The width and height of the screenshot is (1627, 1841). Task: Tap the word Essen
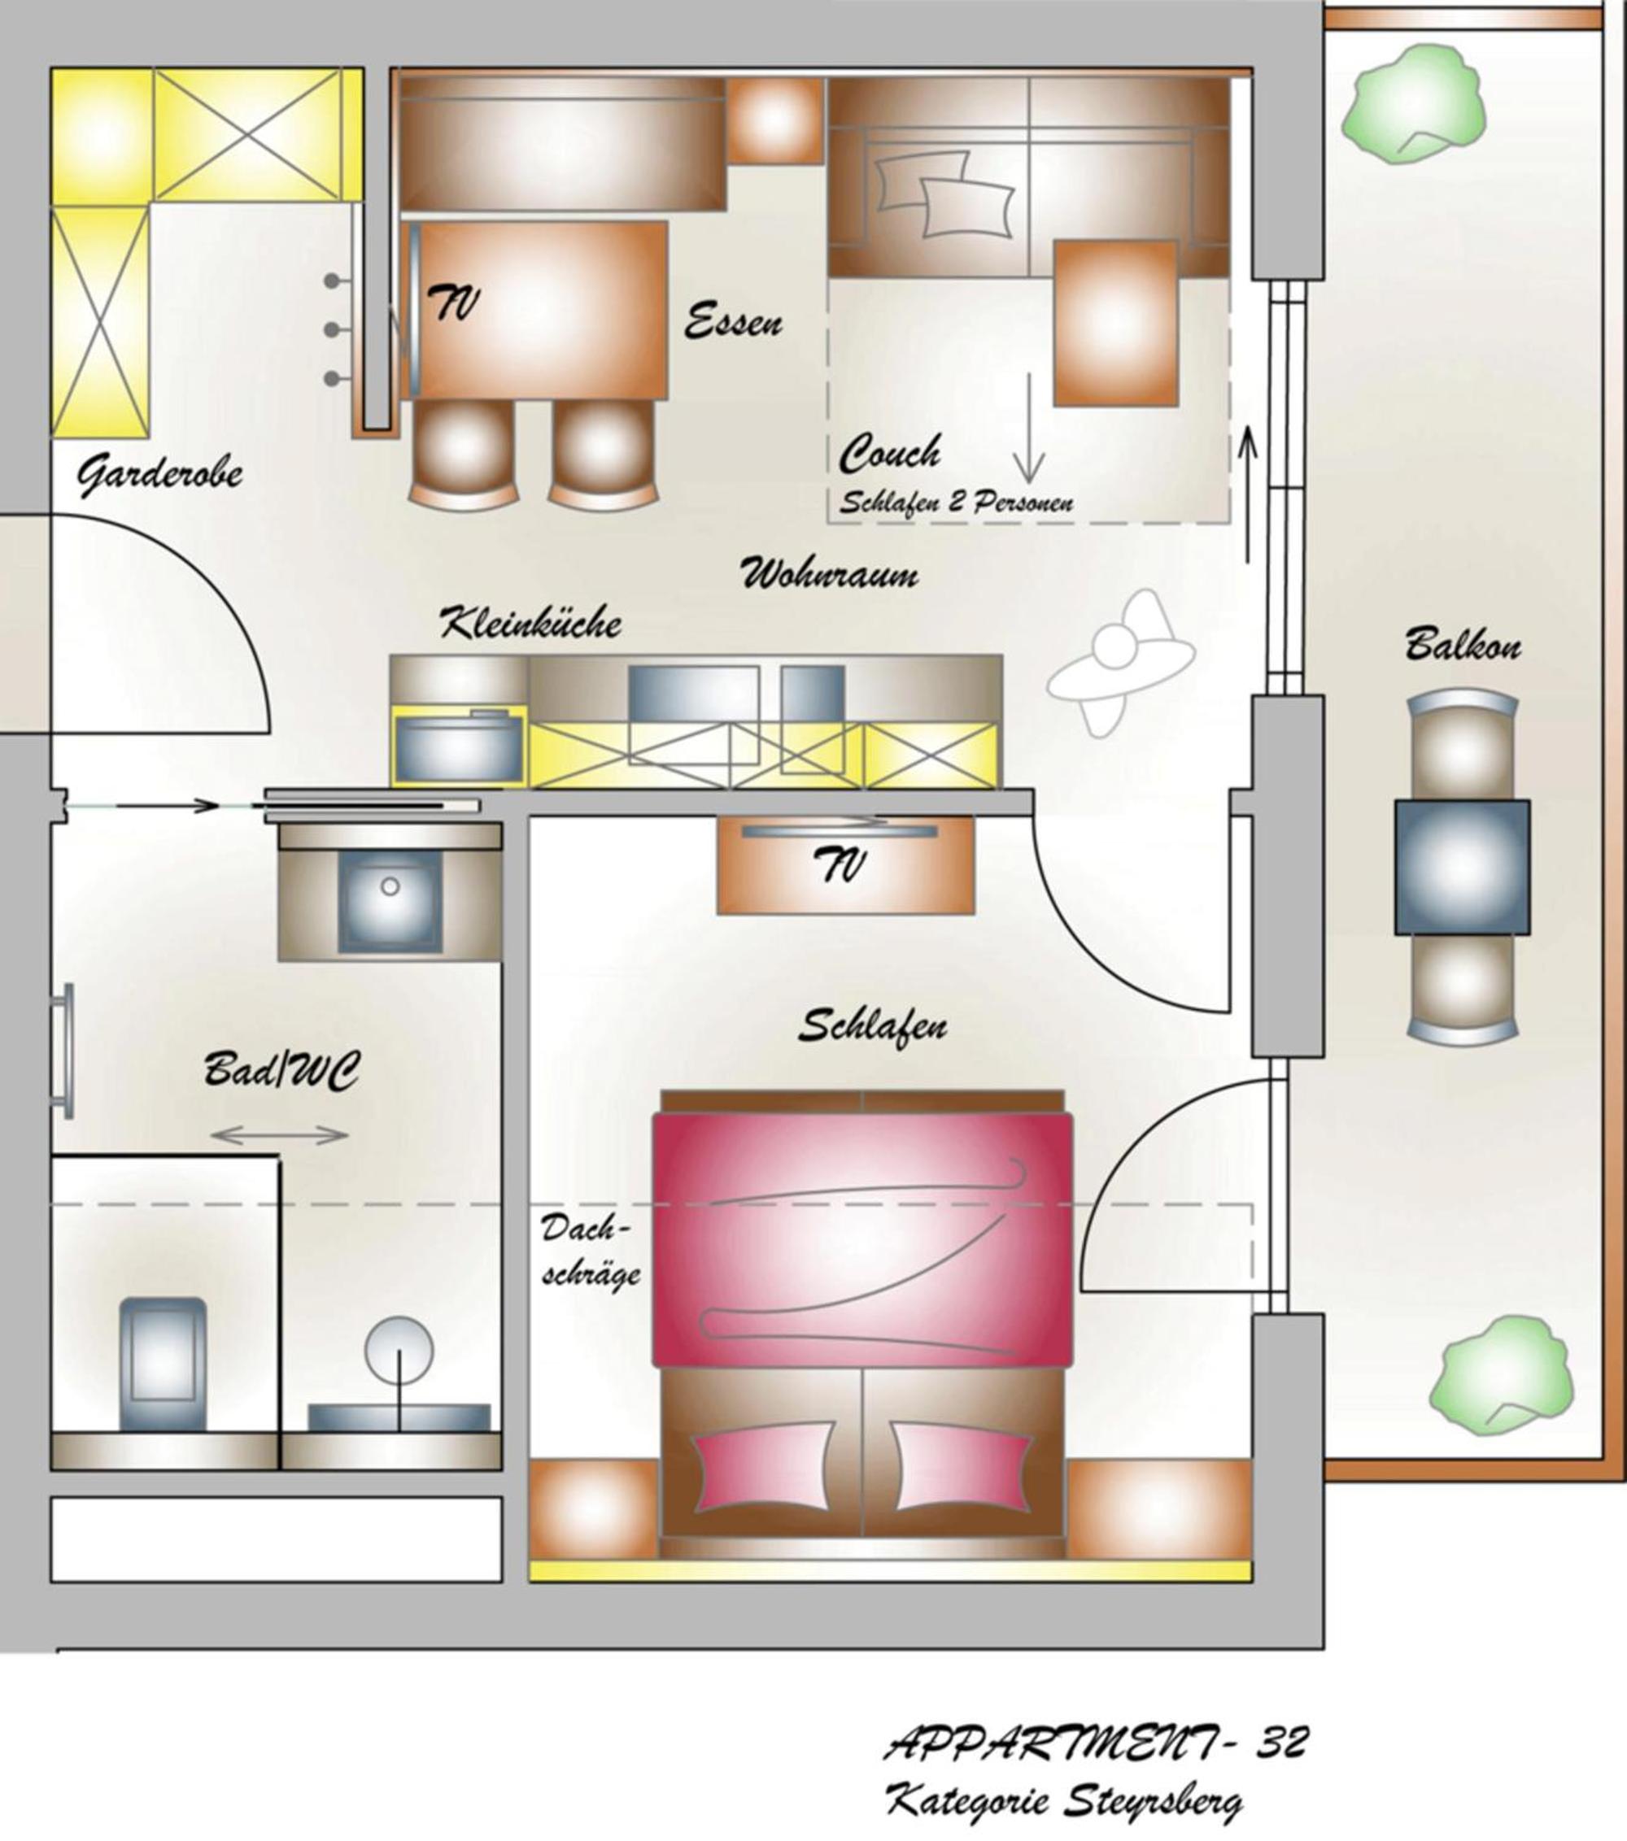[x=733, y=321]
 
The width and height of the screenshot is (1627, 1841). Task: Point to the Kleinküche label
[x=530, y=622]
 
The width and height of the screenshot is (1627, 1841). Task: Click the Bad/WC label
[x=281, y=1071]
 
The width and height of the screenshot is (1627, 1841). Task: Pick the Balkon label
[x=1463, y=645]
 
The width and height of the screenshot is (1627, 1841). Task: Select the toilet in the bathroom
[x=163, y=1364]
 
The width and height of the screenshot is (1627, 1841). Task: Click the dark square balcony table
[x=1462, y=867]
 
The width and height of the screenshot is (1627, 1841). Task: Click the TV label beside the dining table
[x=453, y=303]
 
